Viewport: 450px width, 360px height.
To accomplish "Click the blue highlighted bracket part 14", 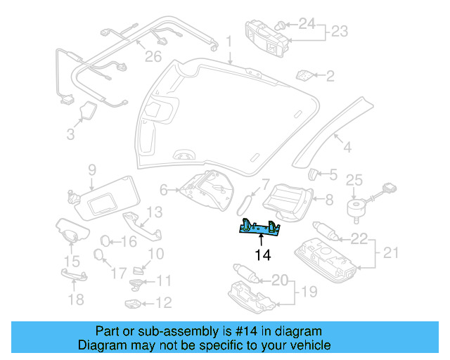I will coord(259,228).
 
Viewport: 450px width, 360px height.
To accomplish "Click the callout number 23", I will coord(340,32).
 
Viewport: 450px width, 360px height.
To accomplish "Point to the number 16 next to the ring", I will coord(128,242).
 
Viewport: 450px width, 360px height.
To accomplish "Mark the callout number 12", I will coord(163,304).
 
